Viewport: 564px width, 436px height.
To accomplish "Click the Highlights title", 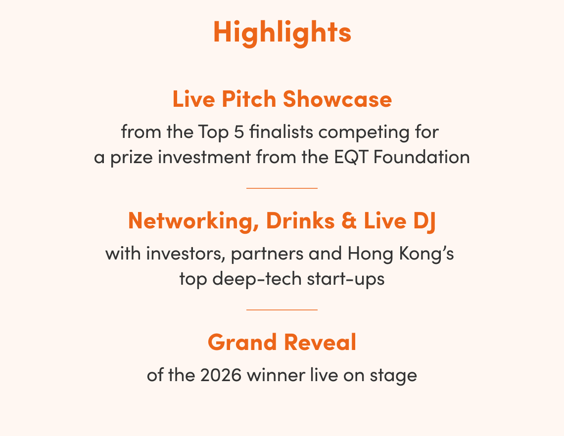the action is point(282,33).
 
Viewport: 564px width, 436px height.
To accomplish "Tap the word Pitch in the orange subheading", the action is point(248,99).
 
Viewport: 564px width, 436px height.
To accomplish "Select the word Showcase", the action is point(337,99).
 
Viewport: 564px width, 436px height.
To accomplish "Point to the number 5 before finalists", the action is point(239,132).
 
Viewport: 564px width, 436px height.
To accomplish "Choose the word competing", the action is point(364,132).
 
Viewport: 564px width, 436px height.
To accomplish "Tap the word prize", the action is point(131,158).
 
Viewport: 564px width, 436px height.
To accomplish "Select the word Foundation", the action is point(422,157).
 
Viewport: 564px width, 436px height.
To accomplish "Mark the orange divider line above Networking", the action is point(282,188).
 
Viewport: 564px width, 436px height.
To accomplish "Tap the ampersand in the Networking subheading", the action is point(349,220).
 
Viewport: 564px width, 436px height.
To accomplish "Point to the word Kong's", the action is point(426,255).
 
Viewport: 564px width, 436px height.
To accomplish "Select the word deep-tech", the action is point(257,279).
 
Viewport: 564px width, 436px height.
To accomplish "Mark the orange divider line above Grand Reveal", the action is point(282,309).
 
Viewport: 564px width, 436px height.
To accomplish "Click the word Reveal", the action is point(320,342).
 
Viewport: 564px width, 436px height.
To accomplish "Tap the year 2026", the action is point(221,375).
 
